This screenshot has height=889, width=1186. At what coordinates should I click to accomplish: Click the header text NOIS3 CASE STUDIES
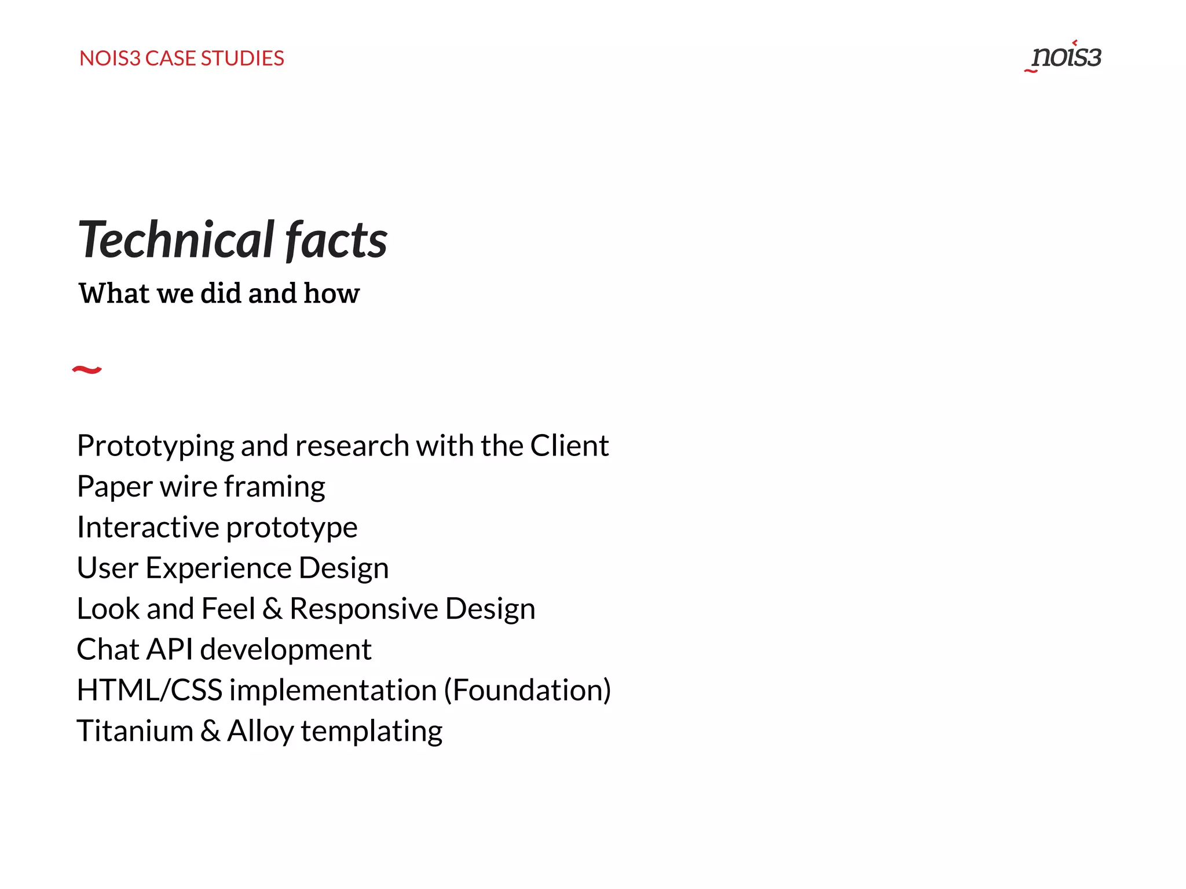pos(181,58)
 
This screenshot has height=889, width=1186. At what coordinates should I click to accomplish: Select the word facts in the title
pos(336,240)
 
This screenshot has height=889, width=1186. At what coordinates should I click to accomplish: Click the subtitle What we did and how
pos(219,293)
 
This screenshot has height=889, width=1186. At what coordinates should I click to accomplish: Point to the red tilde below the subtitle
pos(87,369)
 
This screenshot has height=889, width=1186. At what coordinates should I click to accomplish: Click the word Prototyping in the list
pos(155,446)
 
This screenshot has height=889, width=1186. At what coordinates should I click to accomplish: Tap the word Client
pos(569,446)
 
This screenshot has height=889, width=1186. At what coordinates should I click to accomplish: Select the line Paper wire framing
pos(201,487)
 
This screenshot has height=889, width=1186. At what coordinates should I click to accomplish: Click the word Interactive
pos(148,527)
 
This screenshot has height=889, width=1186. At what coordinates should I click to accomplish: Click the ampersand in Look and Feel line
pos(272,609)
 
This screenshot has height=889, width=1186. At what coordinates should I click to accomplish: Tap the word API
pos(169,649)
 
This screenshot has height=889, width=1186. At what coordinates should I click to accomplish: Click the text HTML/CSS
pos(149,690)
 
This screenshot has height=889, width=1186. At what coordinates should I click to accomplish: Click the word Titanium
pos(135,731)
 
